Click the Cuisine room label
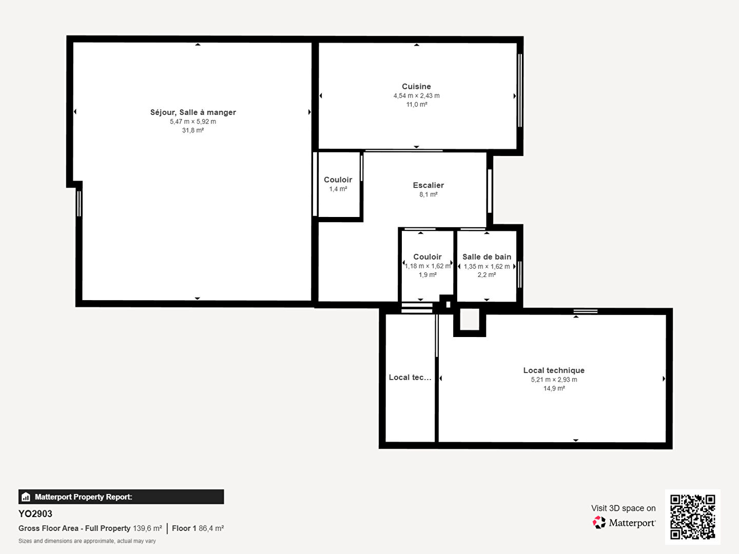tap(416, 87)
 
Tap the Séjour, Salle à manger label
tap(193, 112)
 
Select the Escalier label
tap(428, 185)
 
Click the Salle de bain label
tap(487, 256)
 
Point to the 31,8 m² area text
tap(193, 130)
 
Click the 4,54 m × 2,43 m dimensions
tap(417, 95)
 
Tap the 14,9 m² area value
tap(554, 388)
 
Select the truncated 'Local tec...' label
tap(410, 378)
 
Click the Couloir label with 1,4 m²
tap(338, 180)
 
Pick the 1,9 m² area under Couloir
tap(427, 275)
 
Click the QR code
tap(692, 517)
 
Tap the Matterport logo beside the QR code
tap(624, 522)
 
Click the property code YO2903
tap(35, 514)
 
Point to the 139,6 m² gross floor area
tap(147, 528)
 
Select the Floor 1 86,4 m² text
tap(198, 528)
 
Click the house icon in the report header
tap(26, 497)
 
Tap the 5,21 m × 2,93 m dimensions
tap(554, 380)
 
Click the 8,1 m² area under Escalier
tap(428, 194)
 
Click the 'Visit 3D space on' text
tap(623, 508)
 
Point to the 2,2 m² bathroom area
tap(487, 275)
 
